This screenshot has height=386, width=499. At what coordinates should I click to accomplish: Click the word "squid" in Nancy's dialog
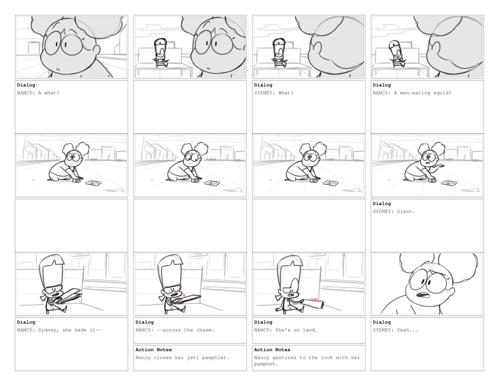pyautogui.click(x=441, y=93)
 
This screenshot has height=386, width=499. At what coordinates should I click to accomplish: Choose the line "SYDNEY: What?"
pyautogui.click(x=274, y=93)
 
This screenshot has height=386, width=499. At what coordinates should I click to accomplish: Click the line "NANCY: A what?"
pyautogui.click(x=38, y=93)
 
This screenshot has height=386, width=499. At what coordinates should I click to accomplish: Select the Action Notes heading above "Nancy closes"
pyautogui.click(x=154, y=350)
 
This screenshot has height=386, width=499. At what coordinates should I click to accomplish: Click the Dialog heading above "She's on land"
pyautogui.click(x=263, y=322)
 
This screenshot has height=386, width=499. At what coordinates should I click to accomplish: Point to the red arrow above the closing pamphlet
pyautogui.click(x=184, y=294)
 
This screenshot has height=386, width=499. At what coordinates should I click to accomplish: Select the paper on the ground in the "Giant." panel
pyautogui.click(x=449, y=183)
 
